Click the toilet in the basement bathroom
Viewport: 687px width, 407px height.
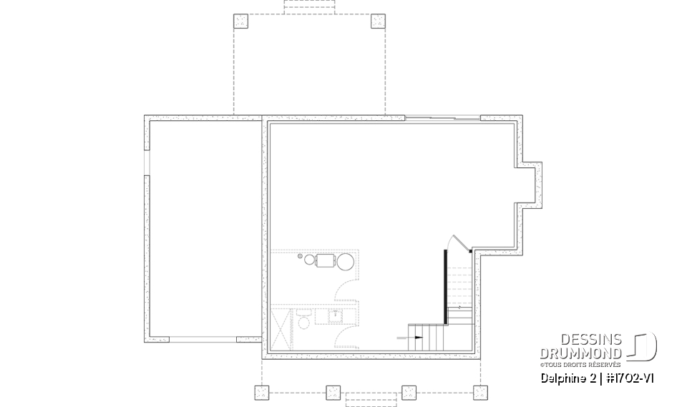pos(303,319)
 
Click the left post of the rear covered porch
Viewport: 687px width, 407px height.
pos(241,21)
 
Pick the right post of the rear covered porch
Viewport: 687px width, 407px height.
pos(378,21)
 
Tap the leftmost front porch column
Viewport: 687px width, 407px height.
pos(262,391)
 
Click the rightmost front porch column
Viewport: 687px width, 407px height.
pos(480,391)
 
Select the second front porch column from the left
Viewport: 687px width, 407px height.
pos(333,391)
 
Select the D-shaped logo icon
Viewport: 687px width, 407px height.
pos(644,346)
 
